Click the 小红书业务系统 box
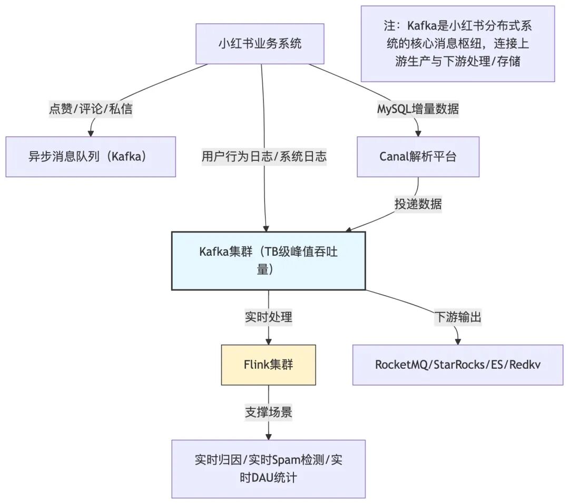[260, 44]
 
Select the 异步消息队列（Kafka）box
[91, 157]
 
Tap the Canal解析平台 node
[418, 157]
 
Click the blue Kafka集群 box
[268, 260]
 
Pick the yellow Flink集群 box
[268, 365]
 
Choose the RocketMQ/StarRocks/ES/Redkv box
[457, 365]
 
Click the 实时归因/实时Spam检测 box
[268, 469]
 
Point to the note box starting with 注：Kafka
[457, 44]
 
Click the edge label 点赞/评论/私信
[91, 109]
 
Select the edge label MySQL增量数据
[418, 109]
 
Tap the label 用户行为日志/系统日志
[264, 156]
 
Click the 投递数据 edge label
[418, 204]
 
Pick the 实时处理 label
[269, 317]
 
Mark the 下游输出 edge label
[457, 317]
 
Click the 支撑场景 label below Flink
[269, 412]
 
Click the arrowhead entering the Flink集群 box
[269, 341]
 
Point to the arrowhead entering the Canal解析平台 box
[418, 133]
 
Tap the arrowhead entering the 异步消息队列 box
[91, 133]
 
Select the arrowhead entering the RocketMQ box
[457, 341]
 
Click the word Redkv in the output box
[530, 365]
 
